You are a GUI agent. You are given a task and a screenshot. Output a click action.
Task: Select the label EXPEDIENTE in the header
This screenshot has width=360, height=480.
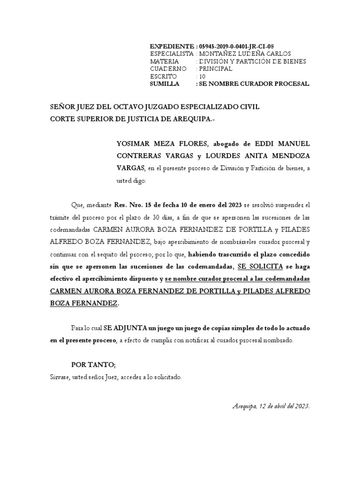171,46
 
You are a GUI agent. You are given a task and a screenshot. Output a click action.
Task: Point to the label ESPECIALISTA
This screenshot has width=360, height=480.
172,54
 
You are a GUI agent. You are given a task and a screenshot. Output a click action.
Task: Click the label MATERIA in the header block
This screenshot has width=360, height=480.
164,61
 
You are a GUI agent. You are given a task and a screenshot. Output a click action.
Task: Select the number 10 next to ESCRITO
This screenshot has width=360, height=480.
202,76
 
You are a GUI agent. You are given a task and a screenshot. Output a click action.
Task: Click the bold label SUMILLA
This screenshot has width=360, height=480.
165,84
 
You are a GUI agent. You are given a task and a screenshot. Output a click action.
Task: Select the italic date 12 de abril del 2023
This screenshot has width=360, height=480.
282,406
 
